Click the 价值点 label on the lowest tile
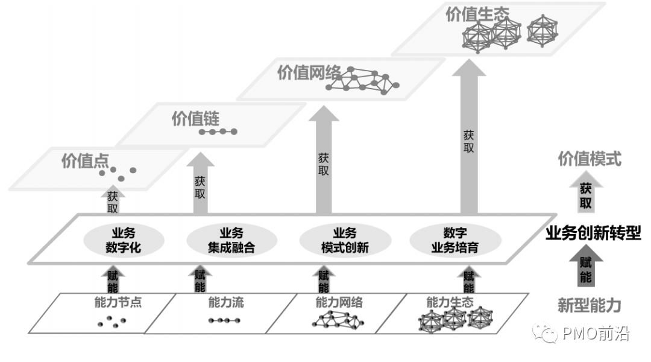coord(85,161)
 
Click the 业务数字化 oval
coord(122,240)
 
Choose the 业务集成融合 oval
coord(231,240)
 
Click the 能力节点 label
coord(118,302)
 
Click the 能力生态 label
coord(450,302)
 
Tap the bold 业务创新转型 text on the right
coord(593,233)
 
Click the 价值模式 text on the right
coord(589,159)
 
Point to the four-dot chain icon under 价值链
coord(218,132)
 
